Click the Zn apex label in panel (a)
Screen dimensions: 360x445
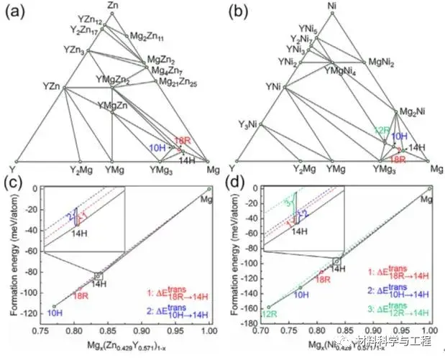click(x=111, y=6)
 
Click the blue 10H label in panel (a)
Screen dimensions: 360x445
click(x=157, y=147)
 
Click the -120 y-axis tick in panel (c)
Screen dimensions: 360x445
click(x=30, y=315)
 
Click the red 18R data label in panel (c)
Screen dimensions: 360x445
click(x=81, y=294)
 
